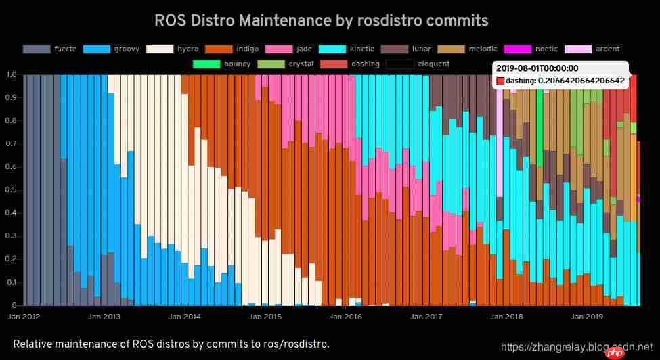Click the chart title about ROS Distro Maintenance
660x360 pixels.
(322, 20)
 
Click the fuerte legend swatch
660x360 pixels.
(37, 49)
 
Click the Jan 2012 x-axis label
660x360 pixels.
(23, 316)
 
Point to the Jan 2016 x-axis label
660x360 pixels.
(345, 316)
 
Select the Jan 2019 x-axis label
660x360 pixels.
(586, 316)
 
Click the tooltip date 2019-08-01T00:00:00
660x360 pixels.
(537, 68)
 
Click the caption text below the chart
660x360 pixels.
(171, 344)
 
